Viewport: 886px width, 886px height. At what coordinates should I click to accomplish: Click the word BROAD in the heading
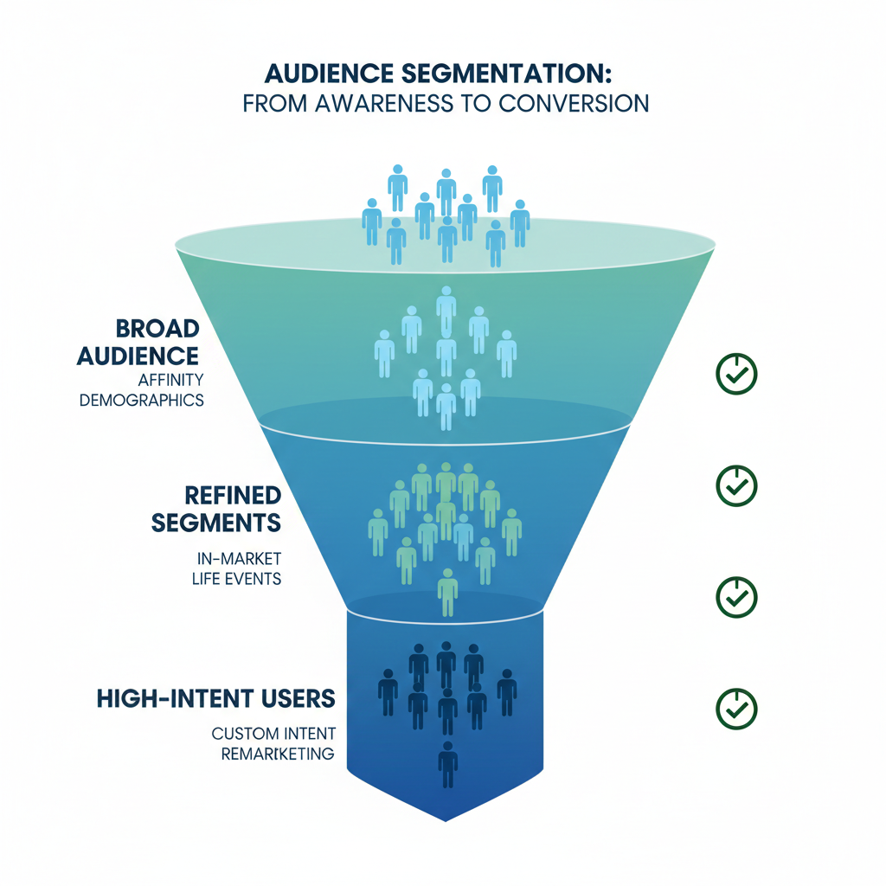(x=157, y=329)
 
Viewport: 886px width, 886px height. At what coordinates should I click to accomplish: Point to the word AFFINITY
(x=169, y=380)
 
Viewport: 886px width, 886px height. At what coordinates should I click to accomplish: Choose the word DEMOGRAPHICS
(x=142, y=401)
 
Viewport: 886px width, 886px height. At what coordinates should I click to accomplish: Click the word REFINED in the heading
(x=233, y=495)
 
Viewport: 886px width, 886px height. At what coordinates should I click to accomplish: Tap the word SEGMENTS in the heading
(x=216, y=523)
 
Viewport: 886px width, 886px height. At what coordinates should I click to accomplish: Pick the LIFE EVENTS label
(x=236, y=579)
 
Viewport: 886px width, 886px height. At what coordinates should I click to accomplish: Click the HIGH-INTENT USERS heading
(x=217, y=698)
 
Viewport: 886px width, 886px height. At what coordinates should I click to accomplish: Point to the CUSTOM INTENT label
(x=273, y=734)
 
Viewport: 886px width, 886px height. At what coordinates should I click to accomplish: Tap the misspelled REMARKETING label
(x=277, y=754)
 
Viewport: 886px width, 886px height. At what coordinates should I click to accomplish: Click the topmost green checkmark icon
(x=736, y=374)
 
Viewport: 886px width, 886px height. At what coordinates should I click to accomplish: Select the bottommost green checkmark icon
(x=736, y=709)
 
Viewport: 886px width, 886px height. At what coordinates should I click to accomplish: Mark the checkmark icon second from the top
(x=736, y=486)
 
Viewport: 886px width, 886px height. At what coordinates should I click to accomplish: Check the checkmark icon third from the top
(x=736, y=597)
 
